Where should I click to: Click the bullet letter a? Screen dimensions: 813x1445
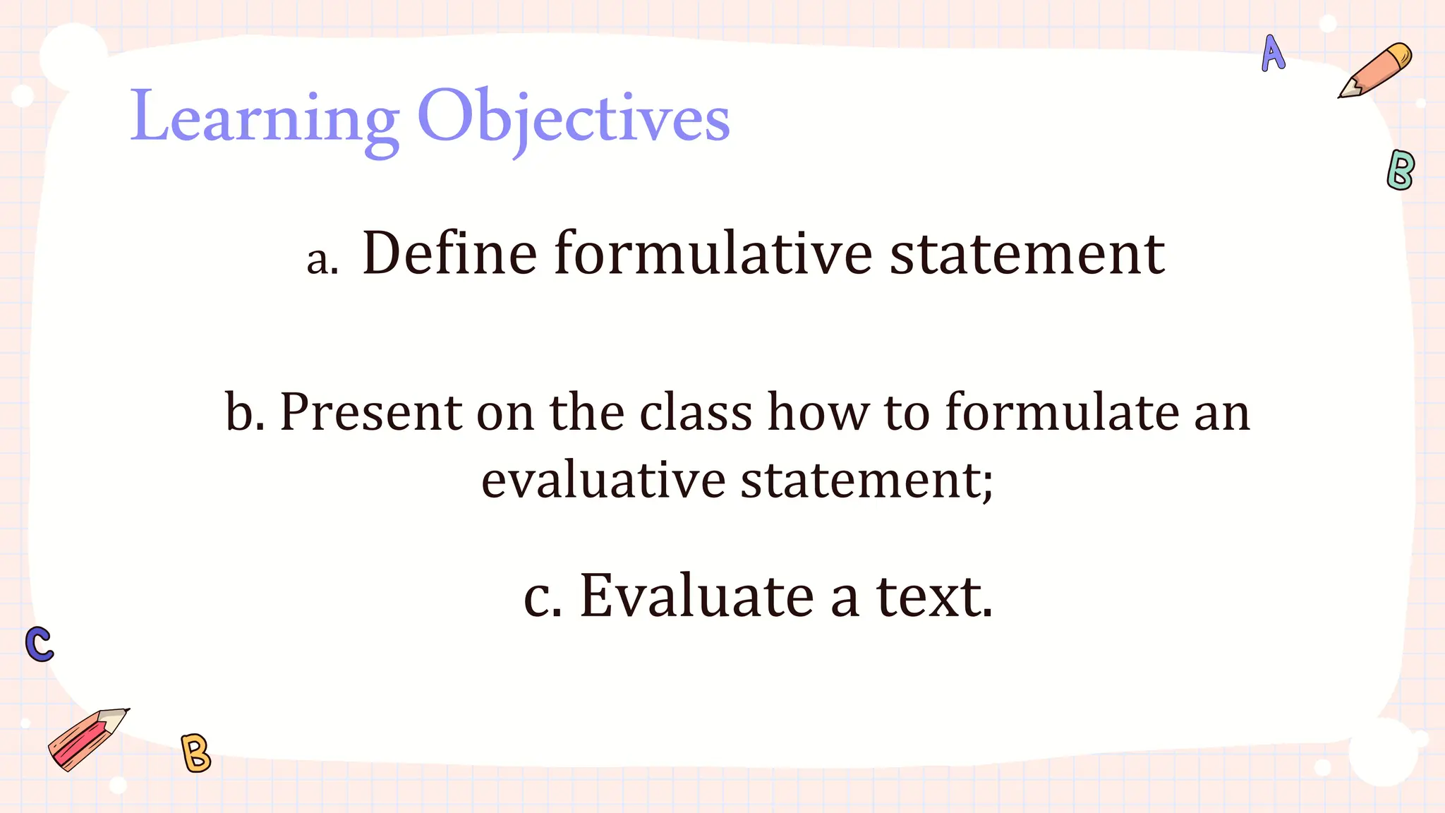click(322, 260)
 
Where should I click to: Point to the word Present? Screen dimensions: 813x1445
click(370, 412)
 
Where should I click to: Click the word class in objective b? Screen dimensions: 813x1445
click(696, 412)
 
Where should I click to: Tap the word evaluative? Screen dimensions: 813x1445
click(603, 481)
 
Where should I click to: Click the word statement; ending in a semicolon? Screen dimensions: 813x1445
click(867, 481)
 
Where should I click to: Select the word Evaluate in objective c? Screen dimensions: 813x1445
click(696, 597)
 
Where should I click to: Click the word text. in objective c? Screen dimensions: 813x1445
click(934, 597)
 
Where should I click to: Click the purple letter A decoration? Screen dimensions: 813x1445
click(1273, 54)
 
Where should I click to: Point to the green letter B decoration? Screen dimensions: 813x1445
click(1400, 170)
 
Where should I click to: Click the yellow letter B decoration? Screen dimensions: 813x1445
click(195, 753)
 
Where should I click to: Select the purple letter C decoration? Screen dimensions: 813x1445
click(40, 644)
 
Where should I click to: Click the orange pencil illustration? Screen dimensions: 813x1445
click(1376, 71)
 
